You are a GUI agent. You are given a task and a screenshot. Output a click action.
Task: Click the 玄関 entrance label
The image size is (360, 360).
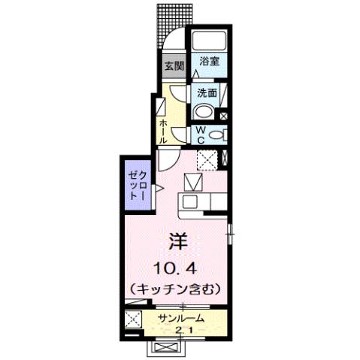173,65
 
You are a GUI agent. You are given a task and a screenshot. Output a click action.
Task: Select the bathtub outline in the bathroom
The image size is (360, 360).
209,42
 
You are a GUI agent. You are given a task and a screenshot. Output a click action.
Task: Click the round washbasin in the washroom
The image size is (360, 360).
204,112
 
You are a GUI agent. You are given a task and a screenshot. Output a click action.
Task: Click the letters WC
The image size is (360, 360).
201,135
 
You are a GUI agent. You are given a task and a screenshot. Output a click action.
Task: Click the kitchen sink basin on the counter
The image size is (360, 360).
189,201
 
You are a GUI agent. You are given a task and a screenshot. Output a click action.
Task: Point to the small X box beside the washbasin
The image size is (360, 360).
224,116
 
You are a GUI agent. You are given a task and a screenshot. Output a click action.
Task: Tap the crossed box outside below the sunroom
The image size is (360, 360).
166,347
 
